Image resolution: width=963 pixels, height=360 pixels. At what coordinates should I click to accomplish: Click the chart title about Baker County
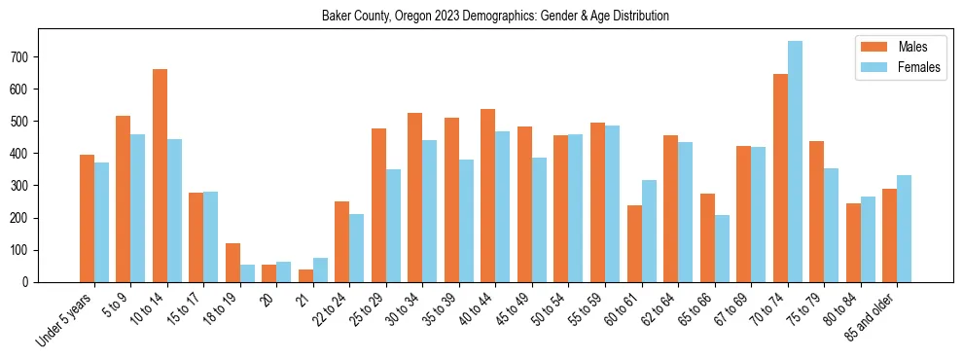point(495,17)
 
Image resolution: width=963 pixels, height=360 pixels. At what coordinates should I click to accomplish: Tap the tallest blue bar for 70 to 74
point(795,162)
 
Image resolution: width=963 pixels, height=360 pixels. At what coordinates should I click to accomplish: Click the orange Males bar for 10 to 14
point(160,175)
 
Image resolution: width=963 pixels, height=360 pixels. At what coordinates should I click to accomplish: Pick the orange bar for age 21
point(305,275)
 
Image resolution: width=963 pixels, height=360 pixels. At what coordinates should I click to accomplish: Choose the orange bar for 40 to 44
point(488,196)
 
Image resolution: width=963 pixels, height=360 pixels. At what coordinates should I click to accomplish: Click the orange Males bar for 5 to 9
point(124,198)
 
